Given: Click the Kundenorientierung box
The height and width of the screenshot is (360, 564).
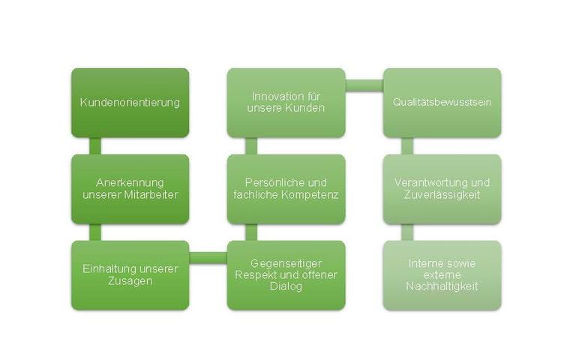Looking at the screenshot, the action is tap(130, 103).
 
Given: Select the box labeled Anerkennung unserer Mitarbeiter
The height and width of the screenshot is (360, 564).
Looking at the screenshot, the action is tap(130, 189).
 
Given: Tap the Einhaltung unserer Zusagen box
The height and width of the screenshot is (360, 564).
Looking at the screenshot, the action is tap(130, 275).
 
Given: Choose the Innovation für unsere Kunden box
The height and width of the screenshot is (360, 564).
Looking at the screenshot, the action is tap(286, 103).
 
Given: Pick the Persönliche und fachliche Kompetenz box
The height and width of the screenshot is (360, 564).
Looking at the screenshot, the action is tap(286, 189).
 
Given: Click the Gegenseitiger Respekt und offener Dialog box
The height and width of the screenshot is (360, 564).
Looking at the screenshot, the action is tap(286, 275).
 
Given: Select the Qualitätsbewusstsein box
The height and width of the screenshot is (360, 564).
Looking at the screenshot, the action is tap(442, 103).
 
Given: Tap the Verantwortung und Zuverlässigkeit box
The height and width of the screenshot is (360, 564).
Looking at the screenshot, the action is tap(442, 189).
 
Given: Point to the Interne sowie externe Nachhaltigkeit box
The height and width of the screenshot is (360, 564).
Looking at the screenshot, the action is tap(442, 275).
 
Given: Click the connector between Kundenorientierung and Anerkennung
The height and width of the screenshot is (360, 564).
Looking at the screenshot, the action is tap(95, 146).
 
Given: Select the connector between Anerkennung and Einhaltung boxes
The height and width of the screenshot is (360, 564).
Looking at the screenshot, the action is tap(95, 232).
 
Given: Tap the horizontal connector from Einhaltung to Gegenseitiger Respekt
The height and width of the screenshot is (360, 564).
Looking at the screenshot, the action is tap(208, 258).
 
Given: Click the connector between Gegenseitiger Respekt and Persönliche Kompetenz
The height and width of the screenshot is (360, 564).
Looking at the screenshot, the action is tap(251, 232).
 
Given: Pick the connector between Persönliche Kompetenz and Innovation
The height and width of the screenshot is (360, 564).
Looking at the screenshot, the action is tap(251, 146).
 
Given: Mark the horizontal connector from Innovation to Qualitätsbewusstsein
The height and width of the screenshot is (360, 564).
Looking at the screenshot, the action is tap(364, 85).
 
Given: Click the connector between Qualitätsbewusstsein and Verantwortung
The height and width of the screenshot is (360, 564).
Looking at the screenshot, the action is tap(407, 146).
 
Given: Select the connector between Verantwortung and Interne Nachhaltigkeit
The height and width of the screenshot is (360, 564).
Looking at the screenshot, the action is tap(407, 232).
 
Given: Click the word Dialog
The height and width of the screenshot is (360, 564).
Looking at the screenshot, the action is tap(286, 286).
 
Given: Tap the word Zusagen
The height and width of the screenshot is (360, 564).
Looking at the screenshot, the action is tap(130, 281).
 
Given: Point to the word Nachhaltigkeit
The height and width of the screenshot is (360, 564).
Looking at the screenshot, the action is tap(442, 286).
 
